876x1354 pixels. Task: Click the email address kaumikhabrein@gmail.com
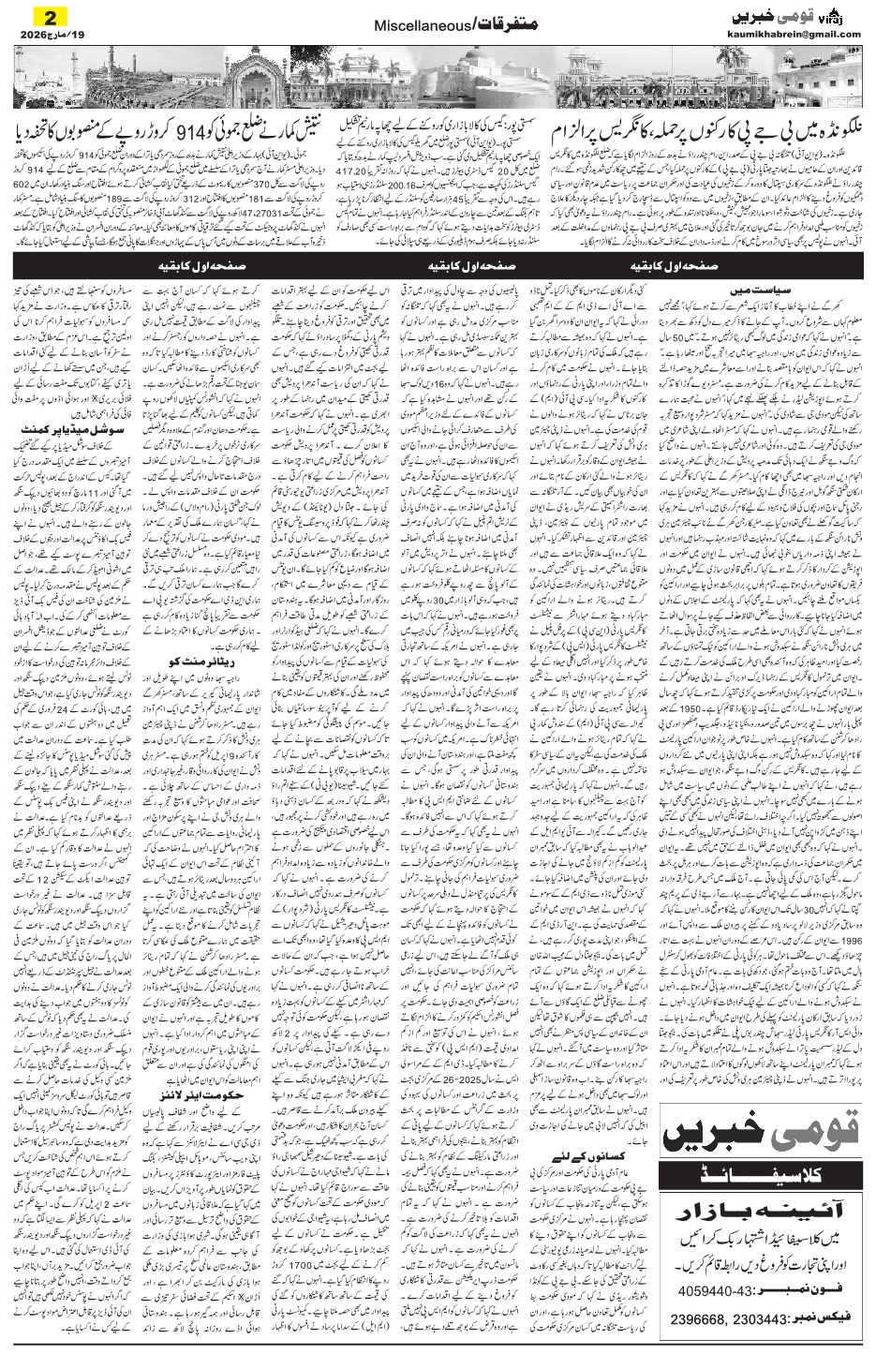coord(794,35)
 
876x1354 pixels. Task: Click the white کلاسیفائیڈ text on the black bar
coord(760,1175)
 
